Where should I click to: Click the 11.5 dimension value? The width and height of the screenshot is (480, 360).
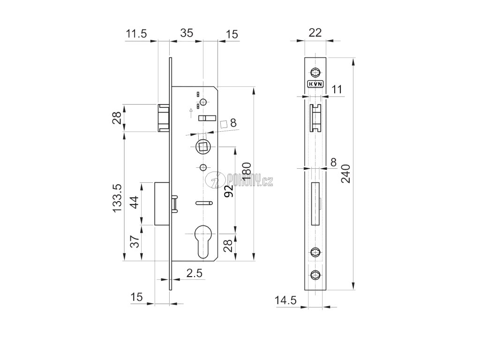coord(136,34)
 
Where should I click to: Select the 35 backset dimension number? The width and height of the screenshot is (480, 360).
coord(187,34)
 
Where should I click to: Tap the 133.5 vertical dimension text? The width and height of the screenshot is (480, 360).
coord(118,199)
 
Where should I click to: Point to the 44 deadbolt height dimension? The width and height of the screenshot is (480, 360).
coord(133,204)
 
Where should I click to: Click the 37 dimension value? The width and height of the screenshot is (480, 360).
coord(133,242)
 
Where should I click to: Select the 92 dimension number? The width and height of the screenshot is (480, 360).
coord(228,191)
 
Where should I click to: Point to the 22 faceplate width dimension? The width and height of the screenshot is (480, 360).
coord(315,32)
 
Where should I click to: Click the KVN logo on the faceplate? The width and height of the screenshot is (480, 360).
coord(315,85)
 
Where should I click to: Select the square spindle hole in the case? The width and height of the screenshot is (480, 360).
coord(203,147)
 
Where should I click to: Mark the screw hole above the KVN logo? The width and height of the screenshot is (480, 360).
coord(315,72)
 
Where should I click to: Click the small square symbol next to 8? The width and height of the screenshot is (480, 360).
coord(224,124)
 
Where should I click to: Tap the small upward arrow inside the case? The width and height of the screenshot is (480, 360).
coord(190,111)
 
